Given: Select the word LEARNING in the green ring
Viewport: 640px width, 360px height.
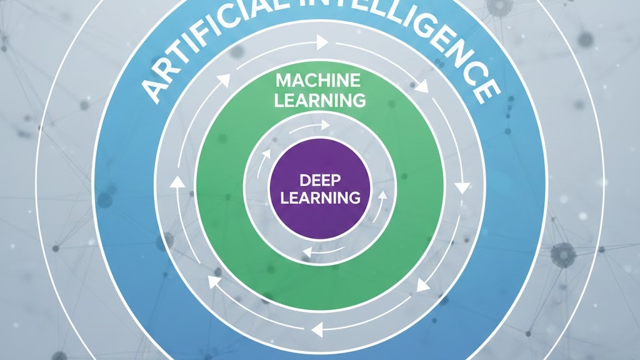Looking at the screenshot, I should click(x=320, y=99).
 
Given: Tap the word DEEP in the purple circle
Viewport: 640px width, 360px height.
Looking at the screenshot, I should click(x=320, y=181).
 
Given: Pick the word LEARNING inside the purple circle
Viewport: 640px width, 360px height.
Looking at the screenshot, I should click(x=320, y=198).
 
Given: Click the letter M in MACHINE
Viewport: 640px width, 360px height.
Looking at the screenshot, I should click(x=283, y=81).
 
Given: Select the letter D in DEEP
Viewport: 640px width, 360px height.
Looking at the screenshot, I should click(x=305, y=181).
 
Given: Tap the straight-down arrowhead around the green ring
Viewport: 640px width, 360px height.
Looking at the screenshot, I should click(x=462, y=187).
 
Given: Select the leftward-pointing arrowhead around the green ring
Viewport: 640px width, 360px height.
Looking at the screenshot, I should click(x=317, y=327).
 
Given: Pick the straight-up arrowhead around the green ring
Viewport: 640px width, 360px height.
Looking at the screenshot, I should click(x=177, y=182).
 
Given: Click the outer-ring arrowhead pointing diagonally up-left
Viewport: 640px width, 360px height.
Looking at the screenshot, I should click(x=215, y=281).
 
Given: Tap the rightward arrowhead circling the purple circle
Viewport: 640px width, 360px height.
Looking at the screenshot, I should click(x=324, y=125).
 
